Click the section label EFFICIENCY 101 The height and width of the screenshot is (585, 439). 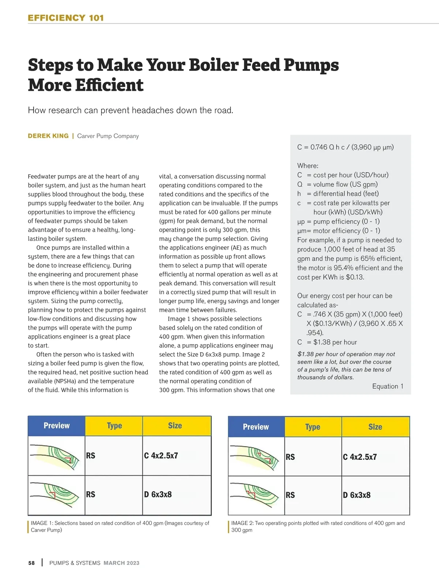point(66,18)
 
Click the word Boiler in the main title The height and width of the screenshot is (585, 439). point(214,65)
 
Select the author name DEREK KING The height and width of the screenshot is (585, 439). point(48,136)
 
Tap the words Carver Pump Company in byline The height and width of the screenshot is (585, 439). point(108,136)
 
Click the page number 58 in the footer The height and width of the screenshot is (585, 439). point(31,563)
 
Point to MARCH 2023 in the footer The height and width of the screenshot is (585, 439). point(121,563)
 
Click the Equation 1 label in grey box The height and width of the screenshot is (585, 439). point(387,386)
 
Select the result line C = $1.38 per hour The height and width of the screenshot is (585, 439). point(327,342)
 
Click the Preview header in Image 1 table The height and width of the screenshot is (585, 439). point(56,425)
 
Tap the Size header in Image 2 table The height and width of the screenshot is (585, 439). point(375,427)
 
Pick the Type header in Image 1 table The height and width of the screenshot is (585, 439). point(114,425)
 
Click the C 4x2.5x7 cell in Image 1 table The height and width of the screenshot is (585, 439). point(161,456)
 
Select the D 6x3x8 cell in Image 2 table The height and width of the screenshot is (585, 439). point(357,495)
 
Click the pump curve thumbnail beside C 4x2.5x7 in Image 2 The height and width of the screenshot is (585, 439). point(256,457)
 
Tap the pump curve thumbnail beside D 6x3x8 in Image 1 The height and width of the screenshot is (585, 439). point(56,495)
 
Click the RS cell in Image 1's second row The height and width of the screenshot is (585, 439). point(91,495)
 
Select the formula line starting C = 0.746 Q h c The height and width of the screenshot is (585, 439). point(345,147)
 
